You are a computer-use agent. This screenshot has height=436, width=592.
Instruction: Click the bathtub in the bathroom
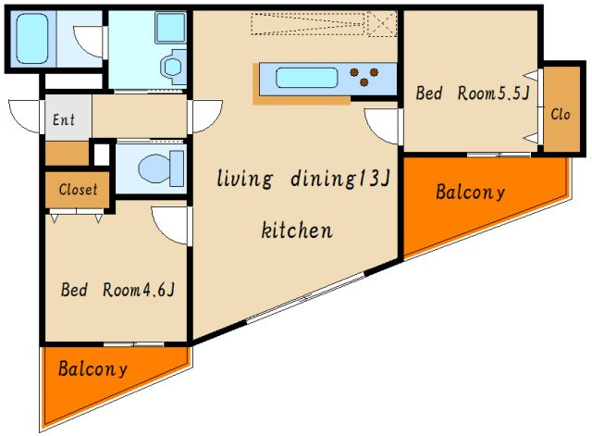[32, 39]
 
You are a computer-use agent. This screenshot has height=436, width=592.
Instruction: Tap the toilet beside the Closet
[161, 168]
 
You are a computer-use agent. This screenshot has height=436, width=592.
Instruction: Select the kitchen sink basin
[306, 78]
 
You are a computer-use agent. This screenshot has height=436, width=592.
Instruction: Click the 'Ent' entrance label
[64, 119]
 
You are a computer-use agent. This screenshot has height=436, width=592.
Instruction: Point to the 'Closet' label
[78, 189]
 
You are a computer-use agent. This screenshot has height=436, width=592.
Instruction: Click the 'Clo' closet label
[561, 114]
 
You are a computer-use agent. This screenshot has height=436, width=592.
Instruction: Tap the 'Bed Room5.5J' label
[472, 93]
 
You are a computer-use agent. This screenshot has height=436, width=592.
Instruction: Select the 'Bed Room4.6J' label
[117, 290]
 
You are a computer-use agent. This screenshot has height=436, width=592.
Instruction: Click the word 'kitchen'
[297, 230]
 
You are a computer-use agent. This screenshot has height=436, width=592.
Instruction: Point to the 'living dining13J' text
[303, 179]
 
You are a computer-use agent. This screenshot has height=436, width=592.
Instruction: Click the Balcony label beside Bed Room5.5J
[470, 192]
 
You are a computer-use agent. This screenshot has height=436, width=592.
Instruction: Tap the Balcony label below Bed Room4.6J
[92, 368]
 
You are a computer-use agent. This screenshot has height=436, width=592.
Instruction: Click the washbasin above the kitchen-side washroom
[170, 27]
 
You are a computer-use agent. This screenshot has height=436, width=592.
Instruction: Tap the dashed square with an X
[382, 24]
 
